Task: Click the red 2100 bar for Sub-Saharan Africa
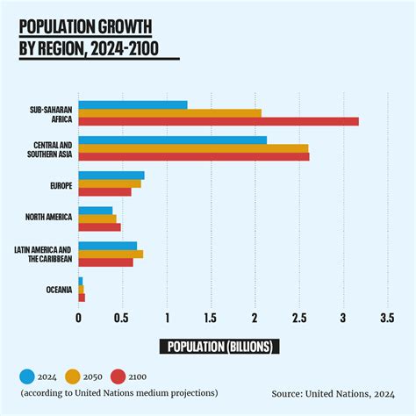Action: tap(219, 121)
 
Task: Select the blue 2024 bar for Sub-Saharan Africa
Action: tap(133, 105)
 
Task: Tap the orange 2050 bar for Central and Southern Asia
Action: tap(193, 148)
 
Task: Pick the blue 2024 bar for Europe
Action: tap(111, 176)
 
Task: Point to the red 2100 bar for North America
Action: tap(99, 226)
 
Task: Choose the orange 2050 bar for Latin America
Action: tap(111, 254)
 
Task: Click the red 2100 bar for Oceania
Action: tap(82, 298)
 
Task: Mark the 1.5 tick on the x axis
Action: tap(211, 318)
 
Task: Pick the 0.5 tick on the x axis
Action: tap(123, 318)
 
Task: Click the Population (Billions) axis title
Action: tap(219, 346)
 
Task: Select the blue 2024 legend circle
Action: tap(27, 377)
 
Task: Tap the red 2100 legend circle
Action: tap(118, 377)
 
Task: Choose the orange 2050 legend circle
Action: tap(72, 377)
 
